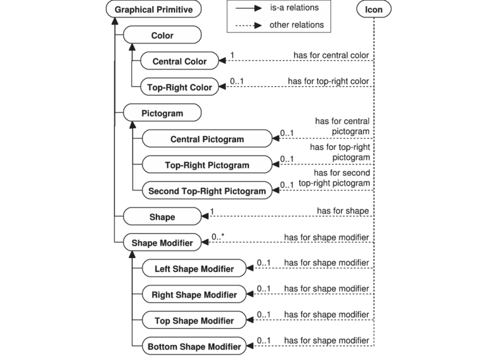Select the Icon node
(374, 9)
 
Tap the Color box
(162, 36)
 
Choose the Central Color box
(179, 61)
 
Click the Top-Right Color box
(179, 87)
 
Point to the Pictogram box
(162, 113)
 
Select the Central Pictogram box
(207, 139)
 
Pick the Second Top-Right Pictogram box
(207, 191)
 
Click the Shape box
(162, 217)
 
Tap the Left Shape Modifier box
(194, 269)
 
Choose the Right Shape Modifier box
(194, 294)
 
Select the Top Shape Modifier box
(194, 320)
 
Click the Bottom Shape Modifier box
(194, 347)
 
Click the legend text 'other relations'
(296, 25)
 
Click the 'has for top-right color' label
(329, 81)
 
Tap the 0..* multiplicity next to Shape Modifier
(218, 236)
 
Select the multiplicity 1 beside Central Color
(233, 55)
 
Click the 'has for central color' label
(332, 55)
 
